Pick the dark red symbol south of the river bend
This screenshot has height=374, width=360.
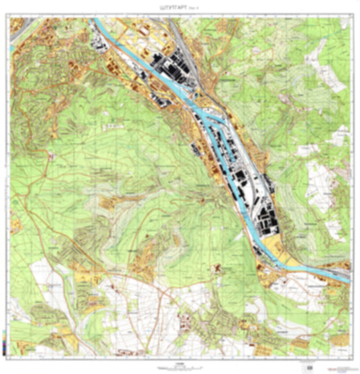pyautogui.click(x=218, y=270)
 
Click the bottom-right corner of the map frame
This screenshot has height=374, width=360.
pyautogui.click(x=351, y=354)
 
